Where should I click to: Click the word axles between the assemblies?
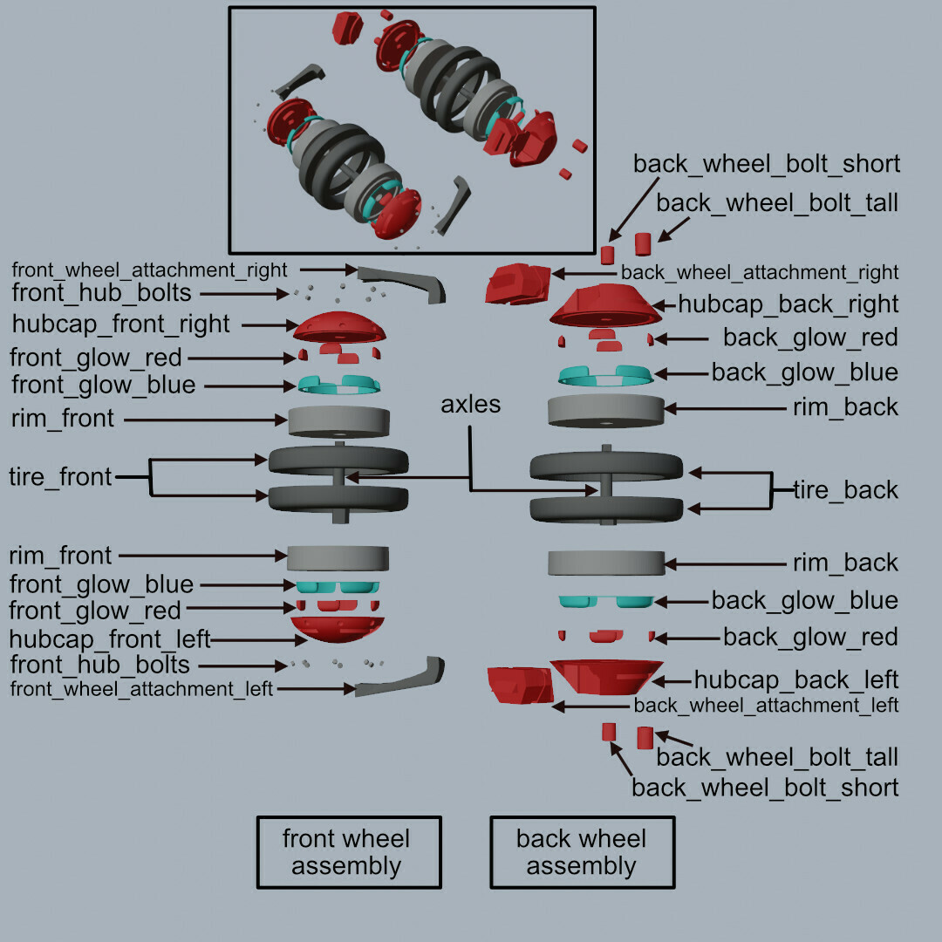pyautogui.click(x=471, y=405)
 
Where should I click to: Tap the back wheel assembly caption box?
pyautogui.click(x=582, y=852)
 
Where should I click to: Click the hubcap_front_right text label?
pyautogui.click(x=121, y=324)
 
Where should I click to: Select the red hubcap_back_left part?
pyautogui.click(x=606, y=677)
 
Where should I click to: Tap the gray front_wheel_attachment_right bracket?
pyautogui.click(x=402, y=281)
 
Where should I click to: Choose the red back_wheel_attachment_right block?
pyautogui.click(x=518, y=283)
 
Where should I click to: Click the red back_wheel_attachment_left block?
pyautogui.click(x=519, y=685)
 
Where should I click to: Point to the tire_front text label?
pyautogui.click(x=60, y=477)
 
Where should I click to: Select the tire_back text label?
pyautogui.click(x=845, y=490)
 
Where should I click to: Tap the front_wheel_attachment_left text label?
pyautogui.click(x=142, y=690)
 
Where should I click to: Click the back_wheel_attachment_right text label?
pyautogui.click(x=760, y=273)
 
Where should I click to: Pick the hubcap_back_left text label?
pyautogui.click(x=795, y=679)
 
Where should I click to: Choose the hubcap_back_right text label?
pyautogui.click(x=788, y=304)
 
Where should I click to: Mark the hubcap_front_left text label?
pyautogui.click(x=110, y=639)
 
